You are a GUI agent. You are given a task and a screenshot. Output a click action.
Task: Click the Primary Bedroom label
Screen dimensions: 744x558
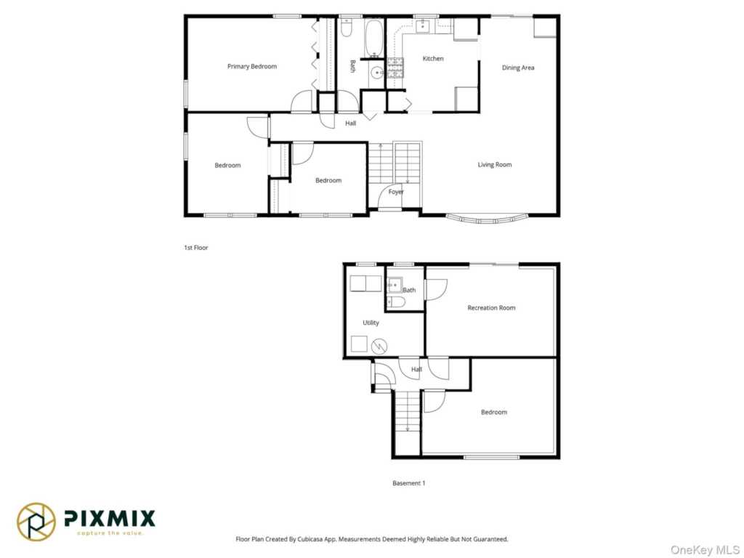(252, 66)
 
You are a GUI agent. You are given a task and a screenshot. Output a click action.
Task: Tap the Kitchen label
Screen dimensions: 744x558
(433, 58)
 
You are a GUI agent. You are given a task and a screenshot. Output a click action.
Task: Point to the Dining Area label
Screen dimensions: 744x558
(517, 68)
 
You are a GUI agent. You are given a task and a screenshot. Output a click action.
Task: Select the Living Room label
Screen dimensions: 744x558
(494, 165)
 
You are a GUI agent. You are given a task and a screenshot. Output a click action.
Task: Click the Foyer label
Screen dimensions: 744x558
(396, 192)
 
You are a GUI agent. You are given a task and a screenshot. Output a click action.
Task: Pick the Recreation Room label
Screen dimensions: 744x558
(491, 307)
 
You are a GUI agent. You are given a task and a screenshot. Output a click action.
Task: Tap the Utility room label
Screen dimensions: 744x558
(371, 323)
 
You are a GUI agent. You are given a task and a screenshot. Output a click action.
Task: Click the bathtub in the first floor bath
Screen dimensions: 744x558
(374, 38)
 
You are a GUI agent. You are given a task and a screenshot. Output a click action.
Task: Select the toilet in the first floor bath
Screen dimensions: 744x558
(346, 28)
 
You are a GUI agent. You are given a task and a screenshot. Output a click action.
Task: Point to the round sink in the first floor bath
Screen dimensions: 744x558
(377, 73)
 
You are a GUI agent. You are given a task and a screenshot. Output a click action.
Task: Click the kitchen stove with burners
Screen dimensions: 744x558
(395, 68)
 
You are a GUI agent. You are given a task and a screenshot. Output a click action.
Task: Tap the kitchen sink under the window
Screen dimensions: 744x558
(422, 25)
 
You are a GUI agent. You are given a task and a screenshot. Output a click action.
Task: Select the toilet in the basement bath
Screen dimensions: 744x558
(396, 302)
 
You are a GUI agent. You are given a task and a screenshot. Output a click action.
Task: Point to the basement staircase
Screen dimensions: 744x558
(407, 411)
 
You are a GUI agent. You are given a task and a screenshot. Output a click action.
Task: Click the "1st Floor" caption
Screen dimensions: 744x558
(196, 247)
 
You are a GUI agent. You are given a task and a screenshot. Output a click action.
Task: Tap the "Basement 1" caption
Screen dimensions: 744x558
(408, 483)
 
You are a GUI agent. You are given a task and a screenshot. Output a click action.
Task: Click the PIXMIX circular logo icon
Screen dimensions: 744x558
(36, 522)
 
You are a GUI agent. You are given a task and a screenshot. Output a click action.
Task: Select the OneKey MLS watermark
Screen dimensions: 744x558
(705, 549)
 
